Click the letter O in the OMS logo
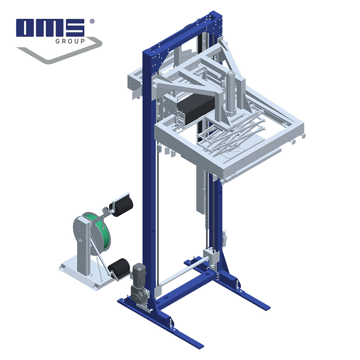[x=26, y=28]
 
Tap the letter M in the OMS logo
[x=49, y=28]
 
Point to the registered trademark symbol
[x=92, y=21]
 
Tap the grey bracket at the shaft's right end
[x=211, y=256]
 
